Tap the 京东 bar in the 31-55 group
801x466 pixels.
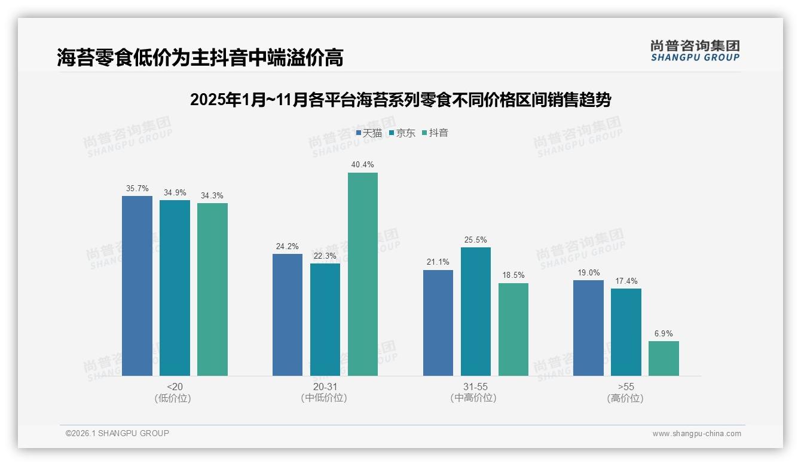476,311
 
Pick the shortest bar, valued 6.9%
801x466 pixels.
664,358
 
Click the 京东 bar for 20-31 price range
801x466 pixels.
325,320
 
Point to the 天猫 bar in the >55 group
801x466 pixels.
588,328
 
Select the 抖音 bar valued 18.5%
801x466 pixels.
513,329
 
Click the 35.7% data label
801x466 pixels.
137,188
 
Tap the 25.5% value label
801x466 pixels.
476,240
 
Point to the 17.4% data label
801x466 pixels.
626,281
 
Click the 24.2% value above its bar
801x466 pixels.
288,246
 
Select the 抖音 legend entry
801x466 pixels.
435,133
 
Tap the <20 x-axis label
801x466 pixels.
175,387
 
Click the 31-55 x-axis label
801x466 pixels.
475,387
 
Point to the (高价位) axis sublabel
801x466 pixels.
625,398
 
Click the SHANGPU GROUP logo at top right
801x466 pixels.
695,51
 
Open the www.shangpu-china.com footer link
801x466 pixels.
696,433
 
